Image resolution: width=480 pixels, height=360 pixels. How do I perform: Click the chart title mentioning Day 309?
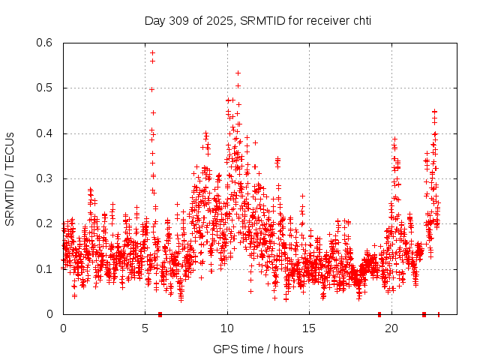(x=257, y=20)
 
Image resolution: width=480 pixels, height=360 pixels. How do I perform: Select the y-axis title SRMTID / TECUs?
(x=10, y=178)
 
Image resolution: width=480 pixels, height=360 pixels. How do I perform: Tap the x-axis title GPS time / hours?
(x=257, y=349)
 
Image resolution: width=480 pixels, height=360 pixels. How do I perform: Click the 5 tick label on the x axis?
(x=145, y=328)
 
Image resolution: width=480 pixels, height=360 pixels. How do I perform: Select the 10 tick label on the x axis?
(x=227, y=328)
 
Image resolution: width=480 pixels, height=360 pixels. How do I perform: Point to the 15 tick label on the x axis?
(x=309, y=328)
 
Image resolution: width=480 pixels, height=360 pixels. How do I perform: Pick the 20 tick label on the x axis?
(x=391, y=328)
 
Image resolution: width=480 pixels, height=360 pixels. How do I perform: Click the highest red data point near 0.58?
(x=152, y=52)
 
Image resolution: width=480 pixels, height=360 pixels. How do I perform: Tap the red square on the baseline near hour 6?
(x=160, y=314)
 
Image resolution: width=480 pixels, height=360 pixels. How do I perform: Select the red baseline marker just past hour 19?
(x=379, y=314)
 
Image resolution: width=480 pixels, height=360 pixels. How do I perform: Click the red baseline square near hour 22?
(x=424, y=314)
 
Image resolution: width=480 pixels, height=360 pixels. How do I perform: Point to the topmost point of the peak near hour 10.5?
(x=238, y=73)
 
